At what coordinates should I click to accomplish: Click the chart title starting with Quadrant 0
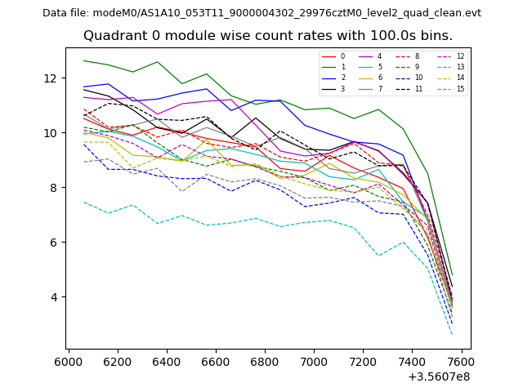pos(268,36)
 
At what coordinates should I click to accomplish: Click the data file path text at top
pos(261,13)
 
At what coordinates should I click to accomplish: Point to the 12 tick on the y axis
pos(51,78)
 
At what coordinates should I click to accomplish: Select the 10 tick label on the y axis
pos(51,133)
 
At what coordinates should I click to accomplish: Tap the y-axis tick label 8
pos(54,188)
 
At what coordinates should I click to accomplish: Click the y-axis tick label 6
pos(54,243)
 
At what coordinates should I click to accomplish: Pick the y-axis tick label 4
pos(54,297)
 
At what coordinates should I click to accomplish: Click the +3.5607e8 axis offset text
pos(440,376)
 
